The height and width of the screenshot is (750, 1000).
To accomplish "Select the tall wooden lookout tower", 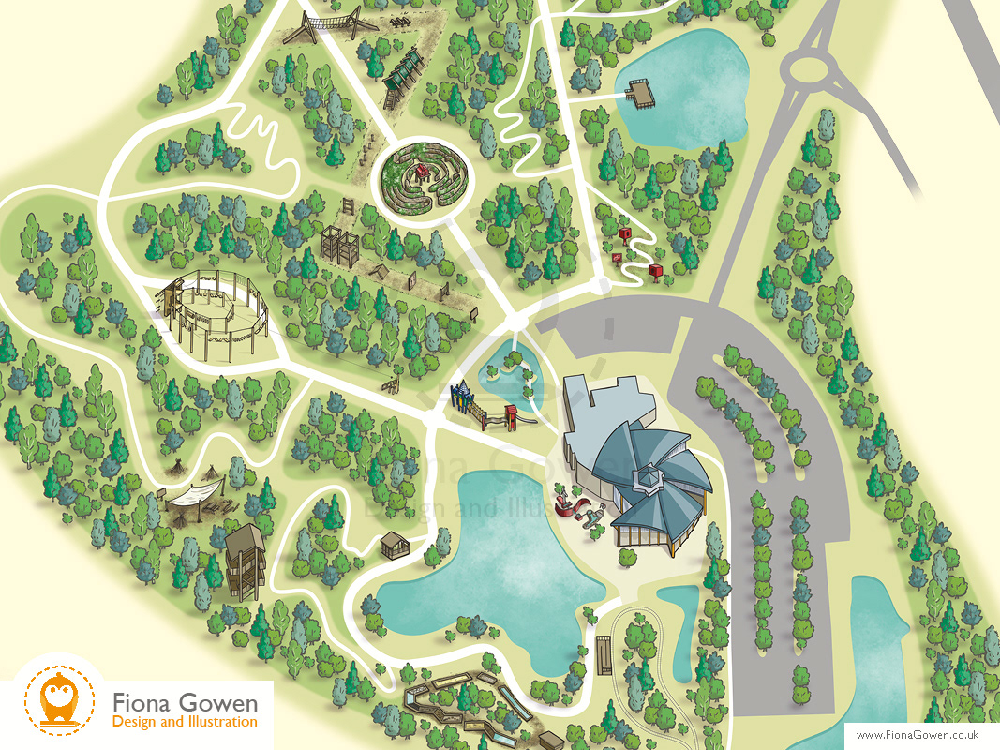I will tap(246, 560).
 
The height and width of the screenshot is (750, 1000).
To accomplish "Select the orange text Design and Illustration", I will tap(184, 722).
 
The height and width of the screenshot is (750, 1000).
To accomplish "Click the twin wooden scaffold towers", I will tap(340, 246).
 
